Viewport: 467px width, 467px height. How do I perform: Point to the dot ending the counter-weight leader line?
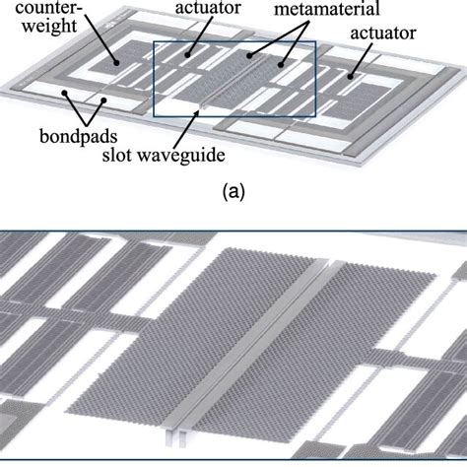(118, 62)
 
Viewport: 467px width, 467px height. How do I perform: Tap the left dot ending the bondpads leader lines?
(65, 96)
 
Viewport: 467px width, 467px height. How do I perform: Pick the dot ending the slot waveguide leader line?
(201, 112)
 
